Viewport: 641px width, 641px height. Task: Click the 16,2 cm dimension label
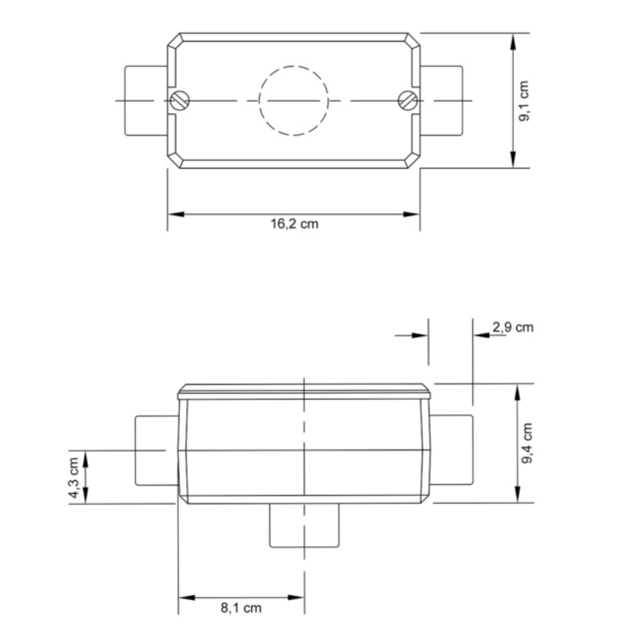294,224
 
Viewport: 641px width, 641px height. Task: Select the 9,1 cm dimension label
524,101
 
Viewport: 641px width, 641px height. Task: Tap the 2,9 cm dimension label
513,328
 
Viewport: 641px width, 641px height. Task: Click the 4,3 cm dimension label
74,477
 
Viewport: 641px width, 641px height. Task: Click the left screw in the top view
180,101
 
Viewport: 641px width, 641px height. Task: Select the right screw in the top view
408,101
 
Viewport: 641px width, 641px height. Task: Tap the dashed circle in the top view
294,101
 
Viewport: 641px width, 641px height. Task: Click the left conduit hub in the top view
146,101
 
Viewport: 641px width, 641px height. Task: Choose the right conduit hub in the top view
441,101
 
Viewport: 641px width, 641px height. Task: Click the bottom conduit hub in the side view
304,526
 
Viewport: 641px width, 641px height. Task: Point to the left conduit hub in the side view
156,450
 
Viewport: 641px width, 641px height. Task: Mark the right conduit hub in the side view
451,450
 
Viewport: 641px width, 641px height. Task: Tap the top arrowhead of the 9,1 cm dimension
513,40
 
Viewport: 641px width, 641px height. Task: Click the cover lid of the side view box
304,392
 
